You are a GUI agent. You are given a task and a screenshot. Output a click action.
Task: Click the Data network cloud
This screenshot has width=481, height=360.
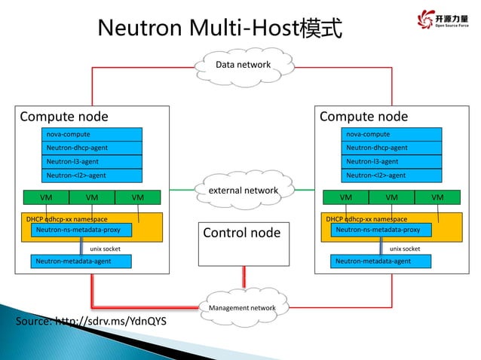click(x=242, y=65)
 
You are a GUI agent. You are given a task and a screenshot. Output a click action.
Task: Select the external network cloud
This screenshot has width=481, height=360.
click(x=242, y=191)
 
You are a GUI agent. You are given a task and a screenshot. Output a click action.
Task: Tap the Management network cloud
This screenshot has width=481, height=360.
click(x=242, y=308)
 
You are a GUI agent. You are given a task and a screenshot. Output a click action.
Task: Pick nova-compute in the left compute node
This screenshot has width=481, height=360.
click(x=91, y=134)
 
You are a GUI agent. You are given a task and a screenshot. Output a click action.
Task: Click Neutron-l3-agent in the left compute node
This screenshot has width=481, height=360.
click(x=91, y=162)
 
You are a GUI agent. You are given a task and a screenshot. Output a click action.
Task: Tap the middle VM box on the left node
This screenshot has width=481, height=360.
click(x=92, y=197)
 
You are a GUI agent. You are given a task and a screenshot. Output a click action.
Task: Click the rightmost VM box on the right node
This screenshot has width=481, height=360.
click(x=438, y=197)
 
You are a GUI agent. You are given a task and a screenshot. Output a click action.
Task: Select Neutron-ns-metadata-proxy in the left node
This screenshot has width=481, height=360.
click(x=81, y=230)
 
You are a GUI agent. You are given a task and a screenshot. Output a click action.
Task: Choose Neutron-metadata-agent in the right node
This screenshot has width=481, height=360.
click(x=381, y=261)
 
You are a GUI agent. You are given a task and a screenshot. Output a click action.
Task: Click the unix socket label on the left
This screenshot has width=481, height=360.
click(x=106, y=248)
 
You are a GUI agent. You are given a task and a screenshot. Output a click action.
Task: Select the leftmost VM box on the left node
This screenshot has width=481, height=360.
click(x=46, y=197)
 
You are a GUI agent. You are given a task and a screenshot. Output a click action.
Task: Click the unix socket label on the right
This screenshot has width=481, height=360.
click(x=405, y=248)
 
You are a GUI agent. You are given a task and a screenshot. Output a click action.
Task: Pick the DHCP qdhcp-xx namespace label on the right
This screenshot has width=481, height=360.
click(x=366, y=218)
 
